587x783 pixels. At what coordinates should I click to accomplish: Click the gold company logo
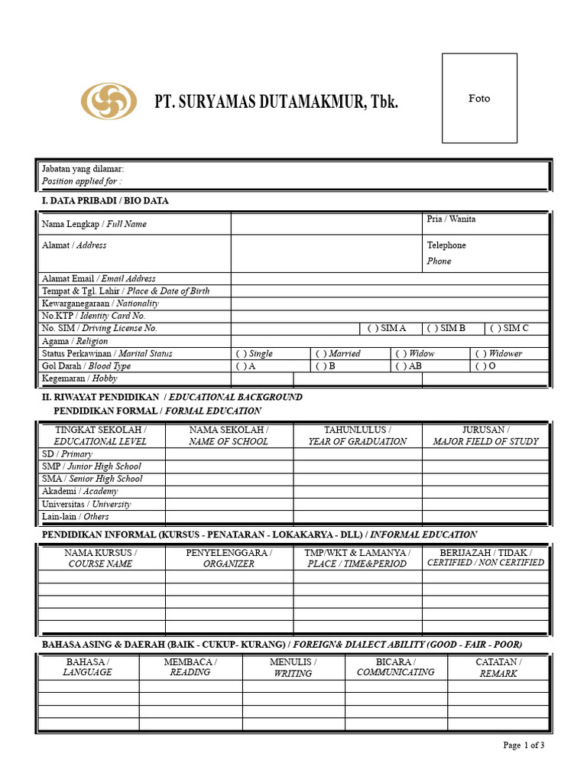pos(109,101)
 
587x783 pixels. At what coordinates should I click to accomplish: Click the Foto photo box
pos(479,98)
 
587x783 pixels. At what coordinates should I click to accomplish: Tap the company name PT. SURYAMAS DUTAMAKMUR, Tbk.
pos(276,102)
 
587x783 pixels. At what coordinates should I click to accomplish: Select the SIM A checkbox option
pos(386,328)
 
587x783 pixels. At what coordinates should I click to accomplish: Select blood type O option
pos(485,366)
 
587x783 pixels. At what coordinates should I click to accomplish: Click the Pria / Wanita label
pos(451,219)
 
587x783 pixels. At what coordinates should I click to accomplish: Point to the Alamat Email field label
pos(99,279)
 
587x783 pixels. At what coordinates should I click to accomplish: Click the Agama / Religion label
pos(75,341)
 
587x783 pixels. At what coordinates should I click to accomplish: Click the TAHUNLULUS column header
pos(357,435)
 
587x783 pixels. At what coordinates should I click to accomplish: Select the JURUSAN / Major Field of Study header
pos(485,435)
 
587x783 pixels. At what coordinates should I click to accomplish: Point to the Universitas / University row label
pos(86,504)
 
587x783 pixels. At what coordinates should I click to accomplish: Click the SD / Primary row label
pos(66,453)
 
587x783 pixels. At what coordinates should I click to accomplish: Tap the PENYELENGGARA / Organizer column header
pos(229,557)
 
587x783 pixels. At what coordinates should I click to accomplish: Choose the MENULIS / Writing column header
pos(293,668)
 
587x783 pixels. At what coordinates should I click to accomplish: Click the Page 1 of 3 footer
pos(524,746)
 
